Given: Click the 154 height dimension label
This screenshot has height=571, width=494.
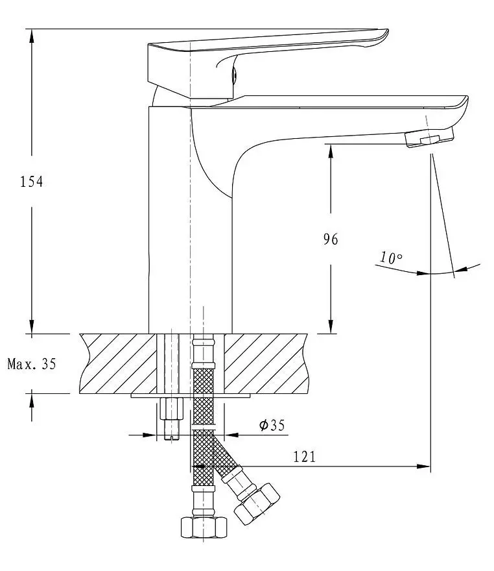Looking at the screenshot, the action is point(31,181).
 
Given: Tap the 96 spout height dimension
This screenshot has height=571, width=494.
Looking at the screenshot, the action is point(331,239).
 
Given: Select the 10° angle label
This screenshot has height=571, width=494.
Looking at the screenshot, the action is point(391,258).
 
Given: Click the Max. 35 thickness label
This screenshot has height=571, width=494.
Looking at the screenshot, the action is point(32,364).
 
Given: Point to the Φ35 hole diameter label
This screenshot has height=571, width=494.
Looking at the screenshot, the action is point(272,425).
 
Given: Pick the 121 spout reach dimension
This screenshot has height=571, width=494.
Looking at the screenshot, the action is point(305,456).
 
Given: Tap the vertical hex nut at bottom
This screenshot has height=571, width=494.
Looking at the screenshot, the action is point(204,527).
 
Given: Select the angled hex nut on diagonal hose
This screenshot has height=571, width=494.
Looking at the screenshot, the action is point(257,504).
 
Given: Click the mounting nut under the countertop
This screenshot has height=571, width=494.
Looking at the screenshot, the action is point(171,409).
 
